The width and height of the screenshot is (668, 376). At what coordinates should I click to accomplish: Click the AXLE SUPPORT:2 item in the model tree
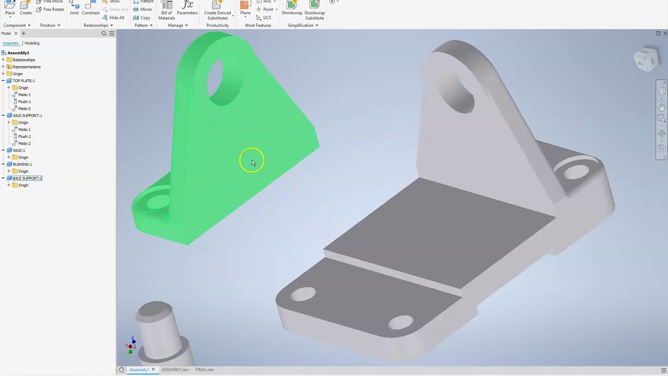click(27, 178)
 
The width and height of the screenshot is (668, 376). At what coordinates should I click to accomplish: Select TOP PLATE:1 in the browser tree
click(23, 81)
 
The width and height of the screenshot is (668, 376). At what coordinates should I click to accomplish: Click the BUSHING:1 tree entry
click(22, 164)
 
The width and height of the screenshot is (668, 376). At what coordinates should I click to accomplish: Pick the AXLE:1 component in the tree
click(19, 150)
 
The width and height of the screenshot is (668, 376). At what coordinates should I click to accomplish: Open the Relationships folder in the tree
click(23, 60)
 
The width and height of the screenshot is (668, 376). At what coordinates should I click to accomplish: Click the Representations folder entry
click(26, 67)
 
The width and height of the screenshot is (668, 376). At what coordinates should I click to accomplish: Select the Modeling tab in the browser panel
click(32, 43)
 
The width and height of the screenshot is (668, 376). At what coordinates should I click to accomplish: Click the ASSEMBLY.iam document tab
click(175, 370)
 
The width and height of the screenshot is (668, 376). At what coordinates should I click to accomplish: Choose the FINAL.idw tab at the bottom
click(205, 370)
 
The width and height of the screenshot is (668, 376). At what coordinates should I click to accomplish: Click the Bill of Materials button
click(166, 10)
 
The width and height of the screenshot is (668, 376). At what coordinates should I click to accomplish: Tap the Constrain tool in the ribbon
click(90, 9)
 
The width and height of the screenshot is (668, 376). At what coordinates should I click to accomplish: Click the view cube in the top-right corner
click(646, 59)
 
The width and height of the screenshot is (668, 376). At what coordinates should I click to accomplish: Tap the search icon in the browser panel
click(104, 33)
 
